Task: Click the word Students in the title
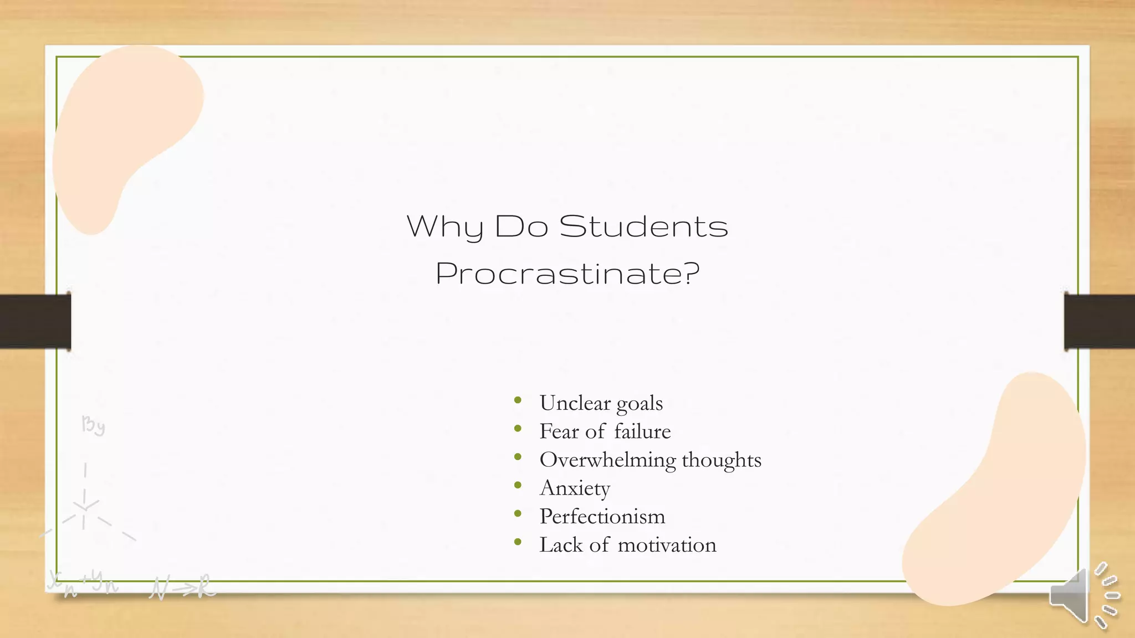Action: click(x=643, y=226)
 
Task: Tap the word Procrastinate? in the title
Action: click(x=567, y=273)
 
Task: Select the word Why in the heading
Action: click(x=445, y=227)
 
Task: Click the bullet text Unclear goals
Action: click(x=601, y=403)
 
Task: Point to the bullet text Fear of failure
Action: click(x=605, y=431)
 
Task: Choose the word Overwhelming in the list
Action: click(x=607, y=460)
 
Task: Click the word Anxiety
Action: click(x=575, y=488)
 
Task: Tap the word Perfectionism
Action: click(x=602, y=516)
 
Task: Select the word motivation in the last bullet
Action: click(x=667, y=545)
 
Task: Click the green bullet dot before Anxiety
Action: click(x=518, y=485)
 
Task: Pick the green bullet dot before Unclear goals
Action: click(x=518, y=400)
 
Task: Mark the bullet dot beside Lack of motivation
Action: click(x=518, y=542)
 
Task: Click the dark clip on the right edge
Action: click(x=1100, y=321)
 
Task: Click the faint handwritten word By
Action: click(x=93, y=425)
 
